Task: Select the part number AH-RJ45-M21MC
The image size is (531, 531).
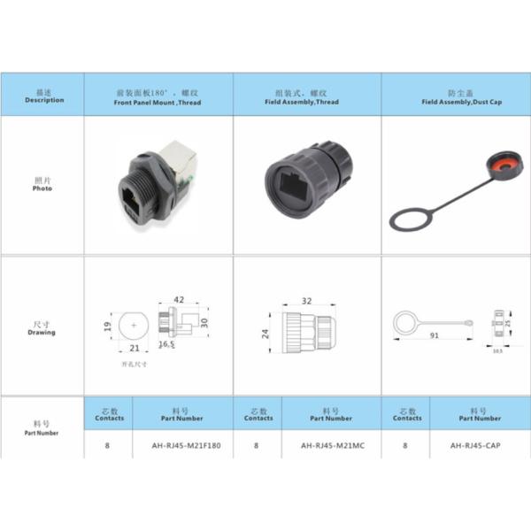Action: pos(332,445)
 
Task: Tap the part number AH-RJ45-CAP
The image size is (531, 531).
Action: pos(481,445)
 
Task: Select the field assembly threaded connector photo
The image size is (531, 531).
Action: pos(307,181)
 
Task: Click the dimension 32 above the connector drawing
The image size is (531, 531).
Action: pos(306,301)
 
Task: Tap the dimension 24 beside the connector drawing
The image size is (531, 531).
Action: pos(265,334)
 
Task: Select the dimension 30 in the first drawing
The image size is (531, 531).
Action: pos(204,322)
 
